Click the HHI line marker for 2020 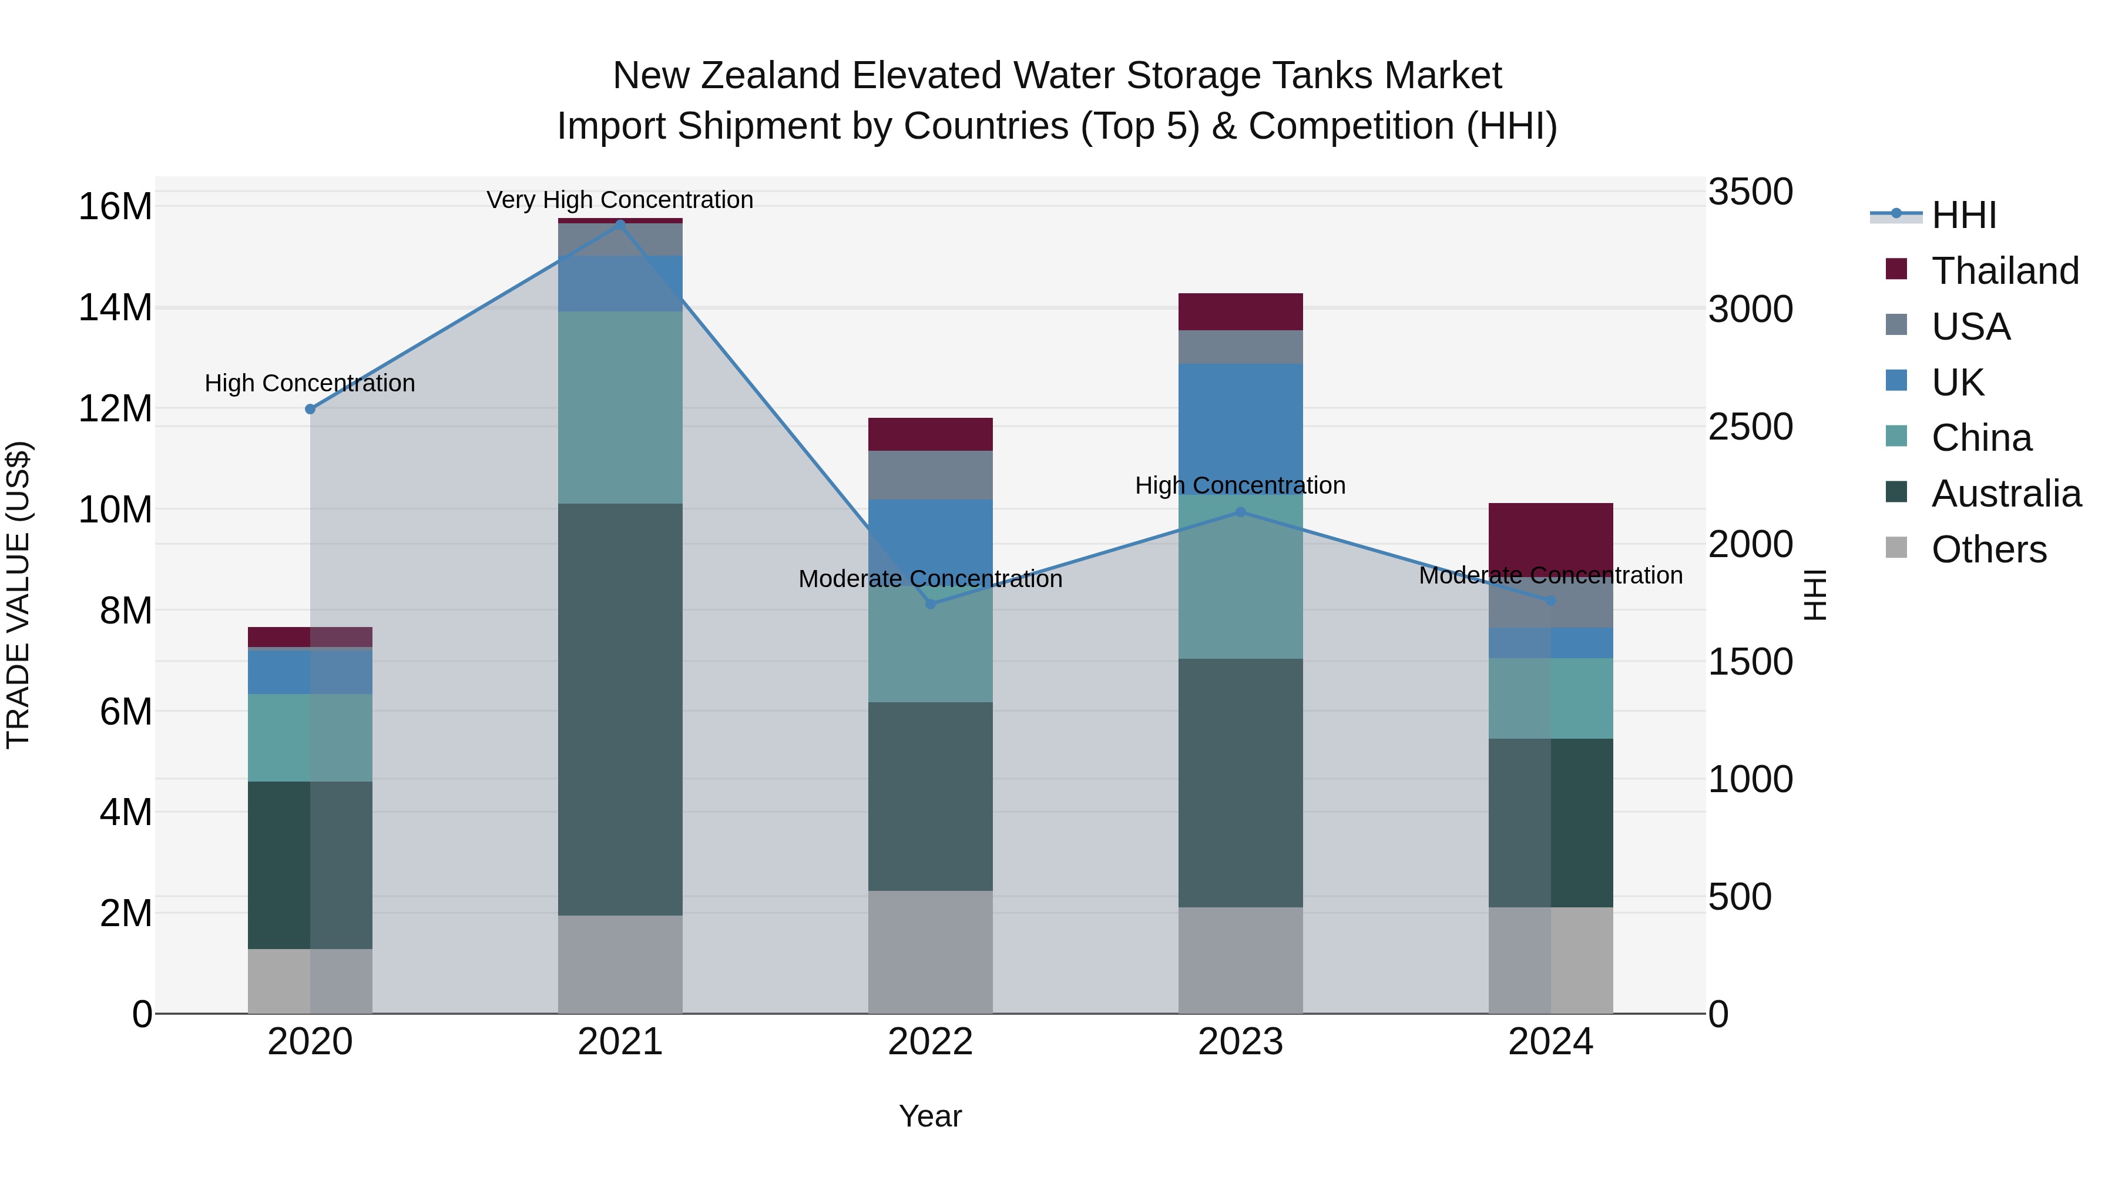(x=310, y=409)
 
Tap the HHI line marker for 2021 (x=620, y=224)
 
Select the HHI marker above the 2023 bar (x=1241, y=512)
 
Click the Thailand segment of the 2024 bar (x=1550, y=538)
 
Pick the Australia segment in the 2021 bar (x=620, y=709)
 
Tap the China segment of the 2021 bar (x=620, y=407)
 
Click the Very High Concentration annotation (x=620, y=200)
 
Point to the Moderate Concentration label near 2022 (x=930, y=579)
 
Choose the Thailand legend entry (x=2004, y=271)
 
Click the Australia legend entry (x=2006, y=494)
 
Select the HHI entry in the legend (x=1963, y=215)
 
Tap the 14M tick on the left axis (x=115, y=308)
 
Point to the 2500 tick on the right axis (x=1751, y=427)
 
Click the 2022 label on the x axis (x=930, y=1042)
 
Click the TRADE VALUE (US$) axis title (x=18, y=595)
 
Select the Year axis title (x=930, y=1116)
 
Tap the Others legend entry (x=1989, y=549)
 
